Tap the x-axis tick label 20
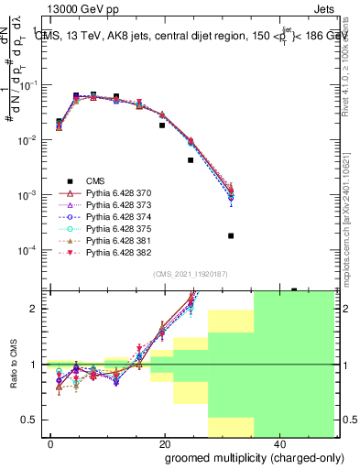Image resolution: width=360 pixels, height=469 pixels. [x=164, y=442]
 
